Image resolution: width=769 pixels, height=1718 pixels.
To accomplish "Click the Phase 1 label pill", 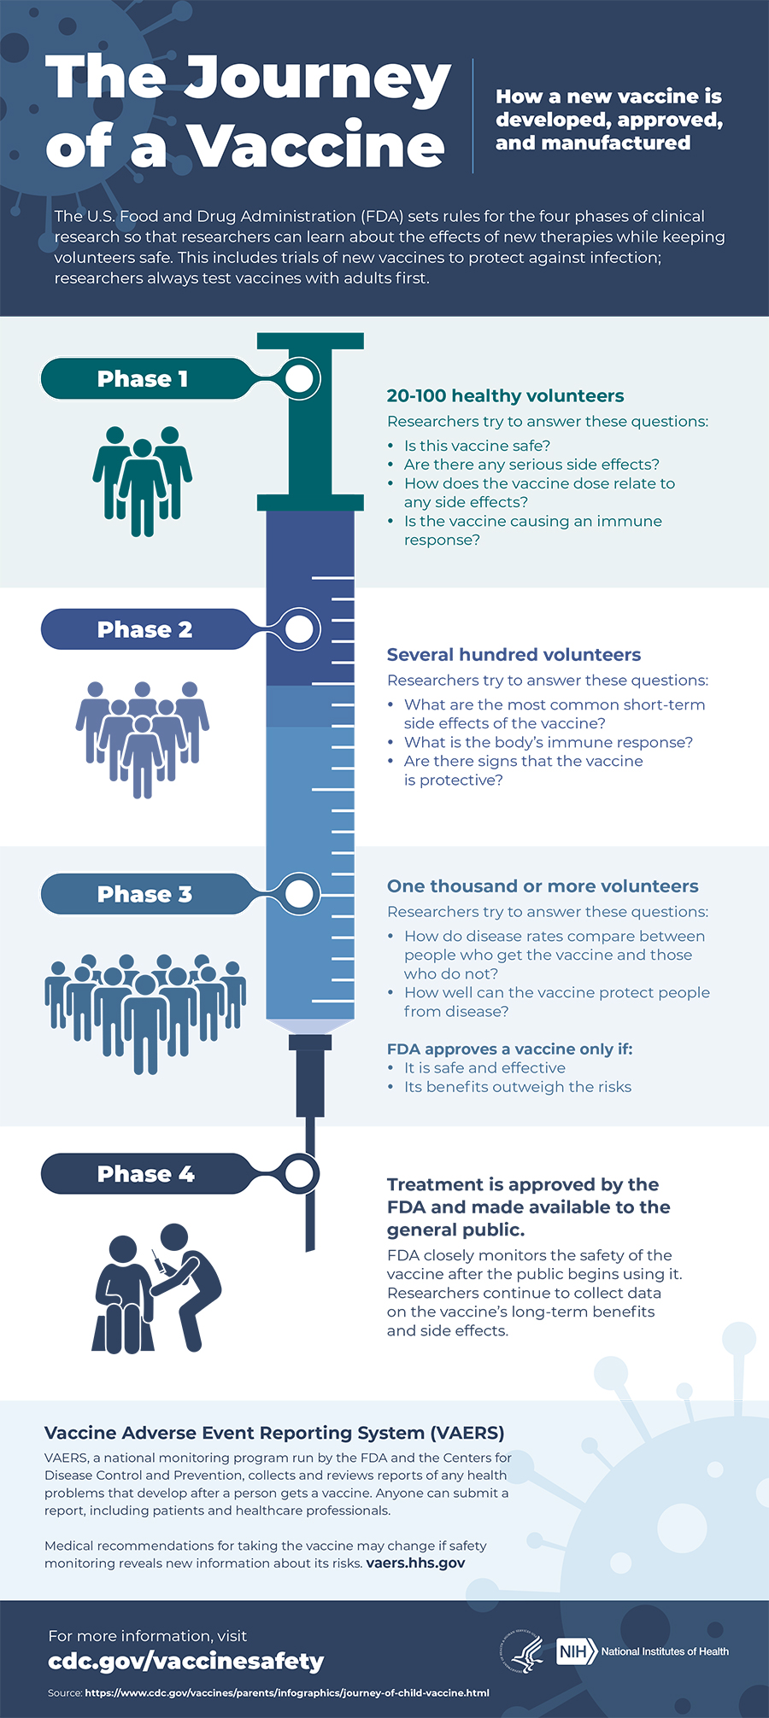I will point(144,379).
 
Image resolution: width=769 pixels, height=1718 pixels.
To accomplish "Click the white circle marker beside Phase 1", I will point(299,379).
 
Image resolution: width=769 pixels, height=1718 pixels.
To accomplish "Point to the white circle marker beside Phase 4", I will point(299,1174).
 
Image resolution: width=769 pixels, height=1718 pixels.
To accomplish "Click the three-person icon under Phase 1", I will point(143,480).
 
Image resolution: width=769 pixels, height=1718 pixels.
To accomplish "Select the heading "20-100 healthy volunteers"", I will point(505,396).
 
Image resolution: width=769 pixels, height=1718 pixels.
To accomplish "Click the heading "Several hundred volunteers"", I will point(514,655).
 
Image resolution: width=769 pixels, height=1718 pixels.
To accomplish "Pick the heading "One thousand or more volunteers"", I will point(543,886).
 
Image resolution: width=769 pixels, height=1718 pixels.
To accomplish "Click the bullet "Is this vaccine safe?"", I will point(477,446).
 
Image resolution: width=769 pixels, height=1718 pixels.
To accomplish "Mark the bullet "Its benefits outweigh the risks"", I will point(517,1087).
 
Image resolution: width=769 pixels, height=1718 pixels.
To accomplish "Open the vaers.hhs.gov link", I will point(415,1563).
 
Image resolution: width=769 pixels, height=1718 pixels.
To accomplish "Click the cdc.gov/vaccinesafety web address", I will point(186,1661).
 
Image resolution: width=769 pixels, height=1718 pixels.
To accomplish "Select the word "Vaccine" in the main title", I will point(316,147).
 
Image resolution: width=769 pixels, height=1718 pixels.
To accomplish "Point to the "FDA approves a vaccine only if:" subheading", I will point(509,1049).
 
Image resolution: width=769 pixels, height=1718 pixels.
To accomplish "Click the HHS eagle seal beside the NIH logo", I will point(521,1652).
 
